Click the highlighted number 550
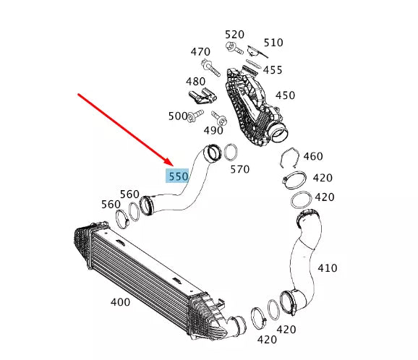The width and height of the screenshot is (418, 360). tap(178, 176)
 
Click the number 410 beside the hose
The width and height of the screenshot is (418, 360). tap(327, 268)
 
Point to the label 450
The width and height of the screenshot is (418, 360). tap(285, 95)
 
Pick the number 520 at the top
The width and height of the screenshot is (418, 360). tap(234, 35)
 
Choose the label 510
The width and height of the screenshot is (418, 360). tap(273, 43)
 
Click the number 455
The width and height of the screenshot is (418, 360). tap(272, 70)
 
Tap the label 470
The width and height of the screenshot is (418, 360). tap(200, 52)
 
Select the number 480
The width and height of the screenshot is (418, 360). tap(196, 82)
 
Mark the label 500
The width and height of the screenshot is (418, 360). tap(177, 116)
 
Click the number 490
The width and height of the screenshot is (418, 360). tap(213, 130)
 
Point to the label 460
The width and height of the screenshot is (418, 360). tap(313, 156)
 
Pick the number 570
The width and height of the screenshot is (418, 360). tap(239, 169)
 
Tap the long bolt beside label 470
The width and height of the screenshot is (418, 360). tap(211, 69)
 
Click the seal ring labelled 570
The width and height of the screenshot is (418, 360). tap(231, 153)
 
